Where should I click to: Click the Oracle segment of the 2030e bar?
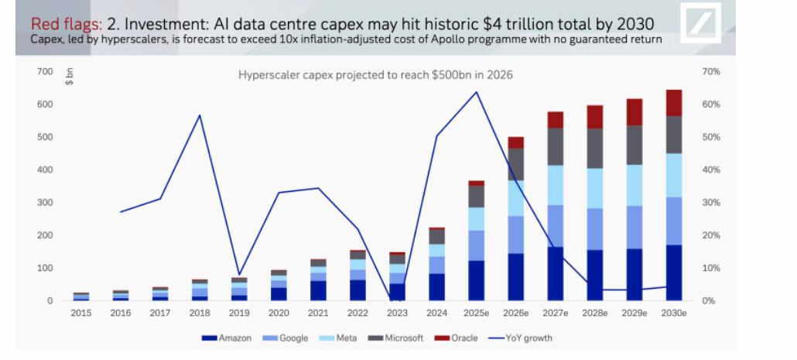674,102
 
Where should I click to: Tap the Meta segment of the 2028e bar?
594,188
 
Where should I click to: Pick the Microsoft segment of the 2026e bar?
515,164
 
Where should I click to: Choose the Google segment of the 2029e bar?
634,227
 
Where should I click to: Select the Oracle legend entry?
457,338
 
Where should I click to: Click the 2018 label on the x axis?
200,314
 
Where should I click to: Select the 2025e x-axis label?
475,314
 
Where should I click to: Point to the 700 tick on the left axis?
45,72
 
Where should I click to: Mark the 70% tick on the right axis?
710,72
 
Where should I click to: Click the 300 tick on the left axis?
45,203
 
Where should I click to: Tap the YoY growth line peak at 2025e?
476,92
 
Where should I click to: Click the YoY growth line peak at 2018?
200,115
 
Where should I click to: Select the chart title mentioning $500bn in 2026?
375,75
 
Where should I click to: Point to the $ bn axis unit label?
69,77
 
